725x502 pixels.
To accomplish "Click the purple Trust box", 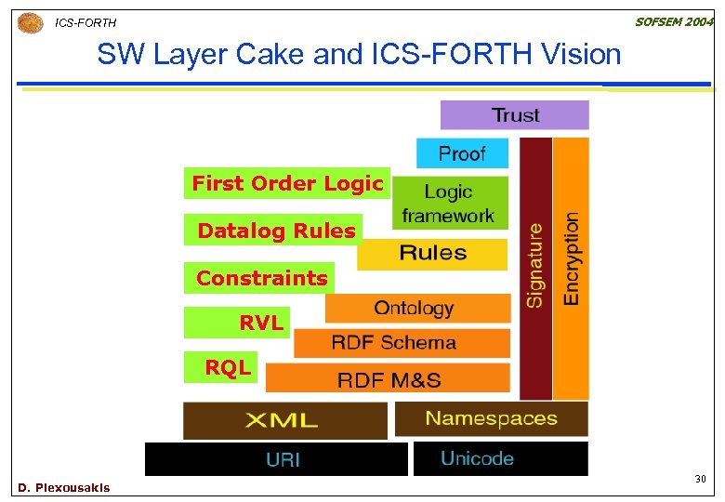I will tap(514, 115).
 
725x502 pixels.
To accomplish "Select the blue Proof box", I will tap(462, 153).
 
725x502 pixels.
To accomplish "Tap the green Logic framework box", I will tap(450, 204).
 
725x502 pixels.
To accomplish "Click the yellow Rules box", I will tap(432, 254).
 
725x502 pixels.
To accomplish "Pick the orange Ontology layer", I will tap(416, 309).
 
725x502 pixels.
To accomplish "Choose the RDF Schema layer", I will tap(402, 343).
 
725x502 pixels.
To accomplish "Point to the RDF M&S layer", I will tap(388, 378).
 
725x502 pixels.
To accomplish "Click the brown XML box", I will tap(284, 420).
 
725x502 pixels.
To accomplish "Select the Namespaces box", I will tap(491, 418).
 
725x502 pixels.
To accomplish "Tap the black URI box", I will tap(276, 459).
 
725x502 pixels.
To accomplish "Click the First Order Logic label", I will tap(287, 184).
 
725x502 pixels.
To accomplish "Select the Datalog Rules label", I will tap(276, 231).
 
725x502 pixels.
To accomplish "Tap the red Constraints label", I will tap(261, 278).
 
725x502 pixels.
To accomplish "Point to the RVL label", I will tap(260, 323).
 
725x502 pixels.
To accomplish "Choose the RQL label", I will tap(228, 367).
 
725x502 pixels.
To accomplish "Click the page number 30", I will tap(700, 479).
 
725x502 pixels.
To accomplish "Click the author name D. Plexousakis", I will tap(63, 488).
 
